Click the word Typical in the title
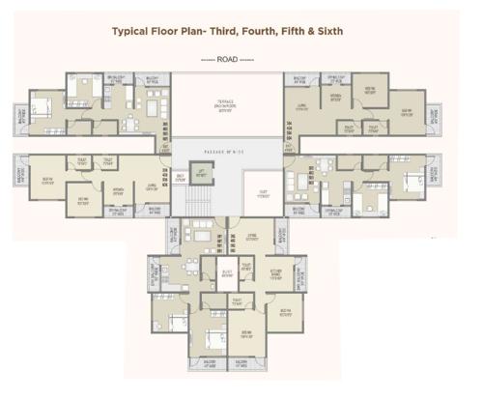point(134,31)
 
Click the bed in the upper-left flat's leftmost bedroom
point(43,104)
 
